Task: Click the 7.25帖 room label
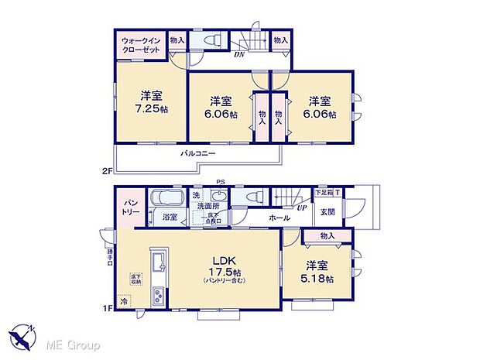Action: pos(151,102)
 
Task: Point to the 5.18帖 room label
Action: pos(318,273)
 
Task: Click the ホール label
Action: pos(279,219)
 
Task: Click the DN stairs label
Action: pos(240,55)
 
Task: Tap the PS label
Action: pos(221,183)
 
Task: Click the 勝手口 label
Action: pos(110,254)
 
